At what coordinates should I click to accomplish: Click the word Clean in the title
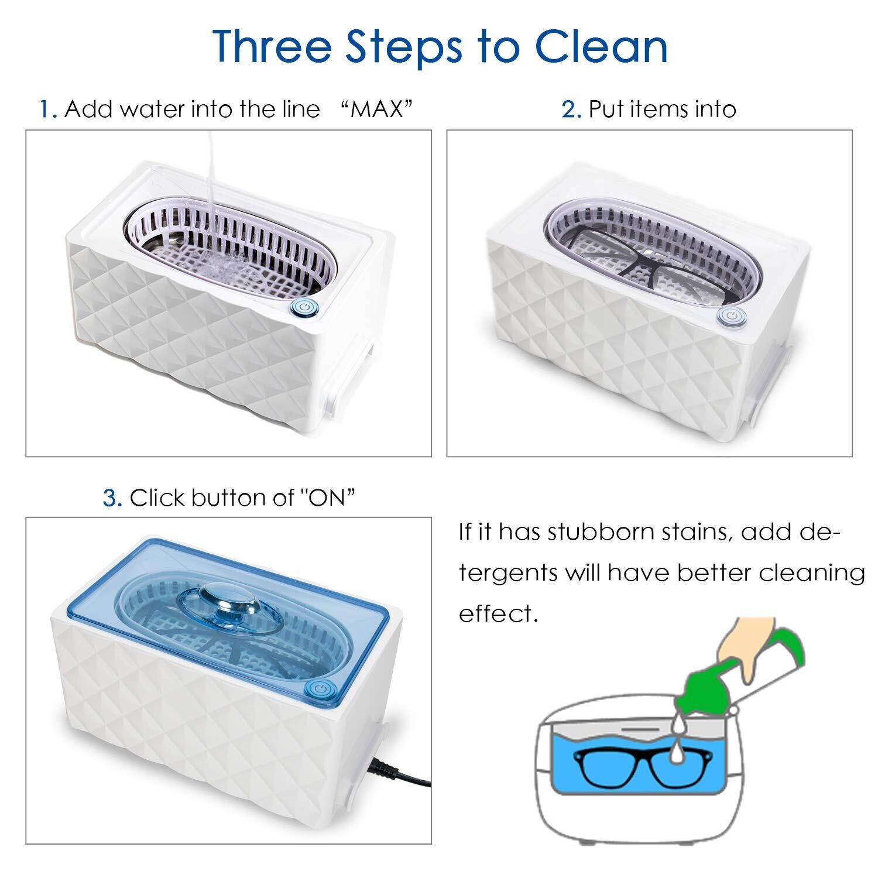pos(602,46)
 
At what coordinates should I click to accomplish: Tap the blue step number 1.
pos(47,109)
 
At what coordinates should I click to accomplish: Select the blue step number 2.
pos(571,109)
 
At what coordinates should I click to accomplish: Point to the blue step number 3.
pos(112,498)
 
